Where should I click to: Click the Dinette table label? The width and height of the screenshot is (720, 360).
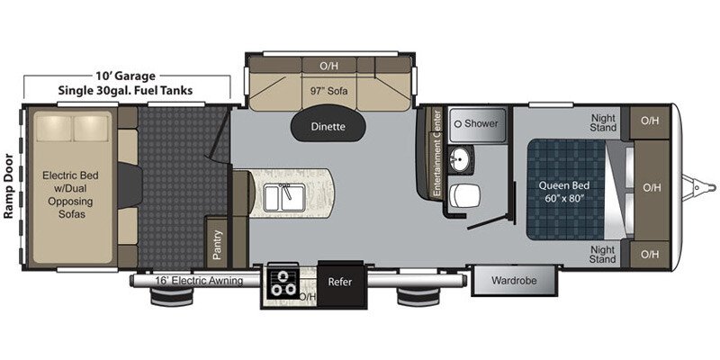click(x=328, y=127)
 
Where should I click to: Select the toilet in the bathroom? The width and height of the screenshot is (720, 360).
click(x=464, y=195)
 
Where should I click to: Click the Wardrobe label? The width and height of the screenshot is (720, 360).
click(x=514, y=280)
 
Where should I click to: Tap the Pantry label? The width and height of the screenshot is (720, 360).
click(x=218, y=245)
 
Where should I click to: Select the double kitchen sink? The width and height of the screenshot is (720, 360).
click(x=284, y=198)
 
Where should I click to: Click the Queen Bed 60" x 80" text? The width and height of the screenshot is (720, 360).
click(x=564, y=193)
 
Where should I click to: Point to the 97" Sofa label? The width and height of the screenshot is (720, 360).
click(x=328, y=92)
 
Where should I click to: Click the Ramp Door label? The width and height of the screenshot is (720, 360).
click(x=9, y=187)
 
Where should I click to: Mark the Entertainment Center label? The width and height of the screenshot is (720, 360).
click(x=437, y=153)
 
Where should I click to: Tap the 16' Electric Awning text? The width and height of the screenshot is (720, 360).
click(x=198, y=281)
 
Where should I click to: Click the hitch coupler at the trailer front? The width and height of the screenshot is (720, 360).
click(x=699, y=187)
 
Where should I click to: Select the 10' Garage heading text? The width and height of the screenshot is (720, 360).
click(x=125, y=76)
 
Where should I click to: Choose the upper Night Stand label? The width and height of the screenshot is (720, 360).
click(x=603, y=123)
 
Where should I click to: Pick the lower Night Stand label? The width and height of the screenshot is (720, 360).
click(x=603, y=255)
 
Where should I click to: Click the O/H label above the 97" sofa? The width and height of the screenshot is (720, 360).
click(x=328, y=66)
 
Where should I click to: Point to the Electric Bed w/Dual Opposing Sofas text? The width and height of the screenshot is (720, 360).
click(x=70, y=194)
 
